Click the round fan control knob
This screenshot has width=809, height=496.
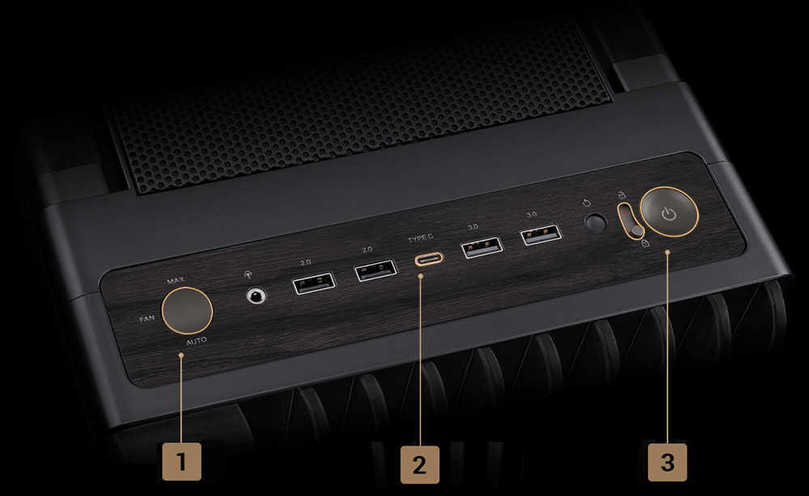coord(187,310)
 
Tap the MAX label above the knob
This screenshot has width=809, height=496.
coord(176,280)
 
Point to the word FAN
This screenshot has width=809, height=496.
coord(147,319)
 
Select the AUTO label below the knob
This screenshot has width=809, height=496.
coord(197,341)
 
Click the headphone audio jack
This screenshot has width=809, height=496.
coord(256,296)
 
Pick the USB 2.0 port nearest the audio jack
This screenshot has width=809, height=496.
coord(314,283)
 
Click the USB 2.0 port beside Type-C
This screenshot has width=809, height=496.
coord(376,270)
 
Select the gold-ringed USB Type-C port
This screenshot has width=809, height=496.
coord(429,258)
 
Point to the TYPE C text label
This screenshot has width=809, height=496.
coord(421,239)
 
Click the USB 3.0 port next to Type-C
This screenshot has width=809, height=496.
coord(482,246)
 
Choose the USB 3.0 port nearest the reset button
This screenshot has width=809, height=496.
coord(541,235)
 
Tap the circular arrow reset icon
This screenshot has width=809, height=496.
coord(587,203)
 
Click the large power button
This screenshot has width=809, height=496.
coord(669,212)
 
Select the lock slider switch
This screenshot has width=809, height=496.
coord(631,221)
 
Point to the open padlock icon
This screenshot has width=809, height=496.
coord(622,195)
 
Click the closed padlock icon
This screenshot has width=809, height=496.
coord(645,244)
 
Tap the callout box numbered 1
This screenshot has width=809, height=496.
coord(181,461)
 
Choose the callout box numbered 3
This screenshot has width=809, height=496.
coord(667,462)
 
